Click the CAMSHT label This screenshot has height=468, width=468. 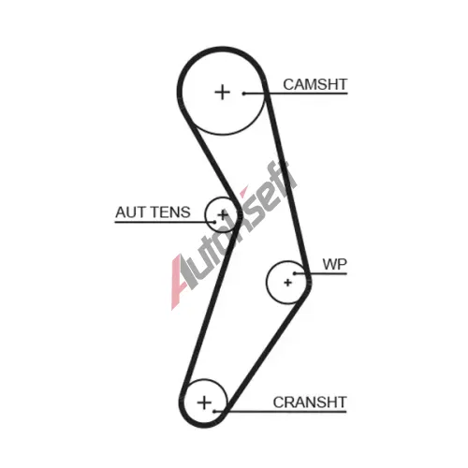click(x=314, y=84)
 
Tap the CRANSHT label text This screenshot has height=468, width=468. click(x=310, y=402)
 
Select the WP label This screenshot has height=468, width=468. click(x=334, y=265)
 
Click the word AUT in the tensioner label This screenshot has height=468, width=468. click(x=130, y=212)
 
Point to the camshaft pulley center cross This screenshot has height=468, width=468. click(x=223, y=93)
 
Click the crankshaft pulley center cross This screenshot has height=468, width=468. click(x=204, y=402)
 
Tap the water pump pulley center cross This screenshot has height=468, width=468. click(x=287, y=283)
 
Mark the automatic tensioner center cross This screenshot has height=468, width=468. click(x=223, y=214)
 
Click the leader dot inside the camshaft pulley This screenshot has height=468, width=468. click(x=244, y=93)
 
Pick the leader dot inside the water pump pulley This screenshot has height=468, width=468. click(x=295, y=273)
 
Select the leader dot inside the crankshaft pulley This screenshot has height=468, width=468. click(x=214, y=412)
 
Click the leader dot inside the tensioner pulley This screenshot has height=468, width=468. click(x=215, y=222)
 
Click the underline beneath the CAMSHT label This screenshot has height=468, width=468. click(x=296, y=93)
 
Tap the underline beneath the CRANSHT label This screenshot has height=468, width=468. click(x=280, y=412)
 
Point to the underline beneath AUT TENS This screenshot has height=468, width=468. click(x=165, y=222)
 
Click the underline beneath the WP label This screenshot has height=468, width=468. click(x=321, y=273)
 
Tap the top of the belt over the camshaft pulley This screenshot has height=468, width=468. click(x=222, y=50)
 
